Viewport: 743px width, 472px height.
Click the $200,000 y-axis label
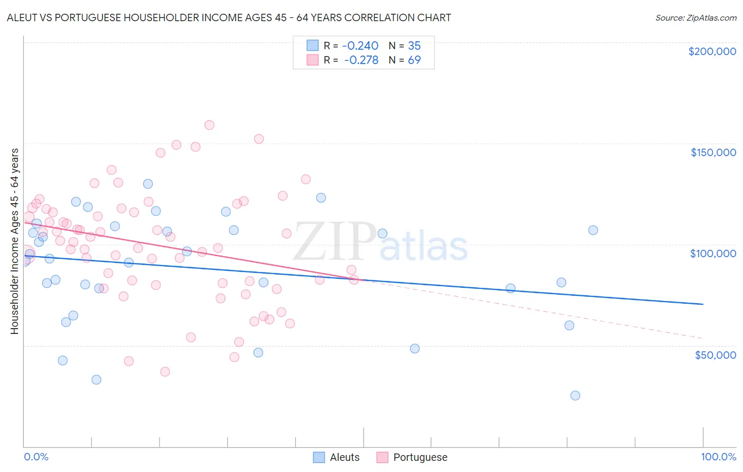coord(712,51)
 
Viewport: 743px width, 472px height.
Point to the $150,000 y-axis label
coord(713,152)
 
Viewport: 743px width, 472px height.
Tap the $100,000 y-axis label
coord(713,253)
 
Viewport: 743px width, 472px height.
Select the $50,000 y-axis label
coord(715,355)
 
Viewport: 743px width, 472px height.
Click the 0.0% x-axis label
coord(36,457)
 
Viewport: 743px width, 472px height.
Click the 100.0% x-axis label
coord(718,457)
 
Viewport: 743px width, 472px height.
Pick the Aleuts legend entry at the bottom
coord(337,457)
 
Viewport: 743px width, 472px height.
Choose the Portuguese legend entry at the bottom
coord(412,457)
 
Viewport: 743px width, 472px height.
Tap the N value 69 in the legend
coord(414,60)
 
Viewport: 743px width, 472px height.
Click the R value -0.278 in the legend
coord(362,60)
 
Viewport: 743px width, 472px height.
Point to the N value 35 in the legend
coord(414,46)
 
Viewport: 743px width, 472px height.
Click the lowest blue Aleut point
coord(575,396)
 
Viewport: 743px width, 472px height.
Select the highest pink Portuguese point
coord(209,125)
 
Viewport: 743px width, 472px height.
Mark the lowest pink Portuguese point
coord(165,372)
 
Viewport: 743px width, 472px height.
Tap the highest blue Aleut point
coord(148,184)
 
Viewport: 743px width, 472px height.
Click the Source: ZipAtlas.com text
coord(695,18)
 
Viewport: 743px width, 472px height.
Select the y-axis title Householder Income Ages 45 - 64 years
coord(15,241)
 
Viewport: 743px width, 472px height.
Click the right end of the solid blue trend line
coord(703,304)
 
